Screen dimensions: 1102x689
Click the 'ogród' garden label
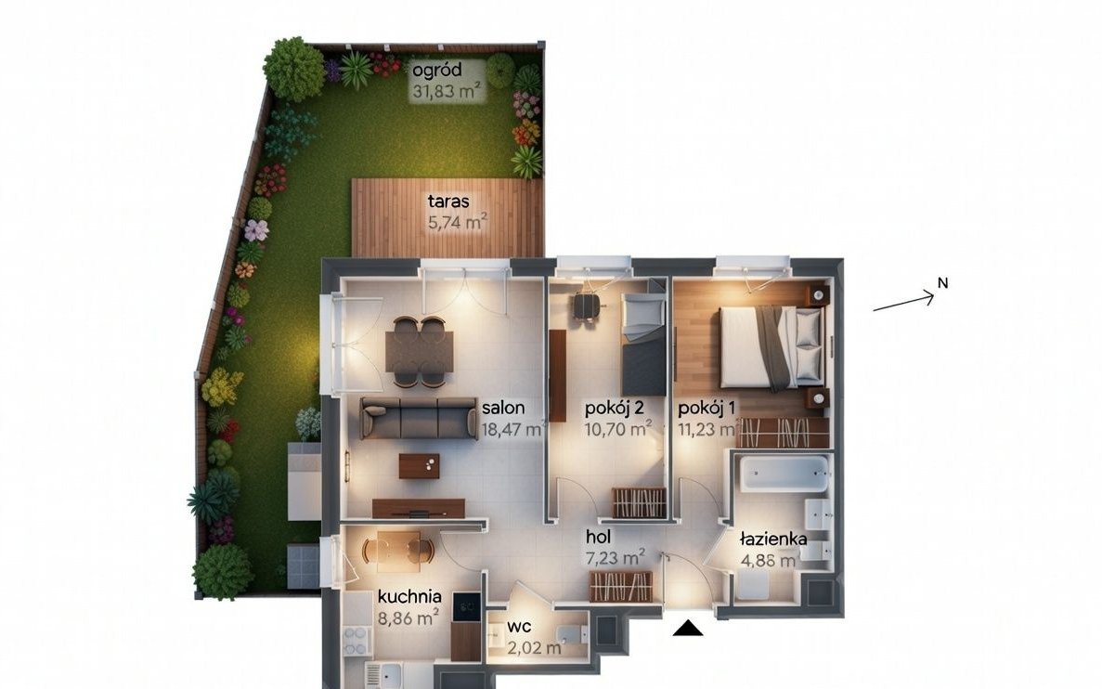click(x=437, y=71)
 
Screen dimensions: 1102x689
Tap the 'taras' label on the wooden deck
click(x=448, y=201)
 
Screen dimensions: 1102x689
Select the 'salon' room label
click(x=503, y=408)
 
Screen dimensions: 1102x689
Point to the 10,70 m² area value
click(x=618, y=428)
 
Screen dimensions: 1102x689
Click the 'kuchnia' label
click(x=409, y=597)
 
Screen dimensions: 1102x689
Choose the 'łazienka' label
click(x=773, y=539)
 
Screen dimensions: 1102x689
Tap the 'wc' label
click(x=519, y=627)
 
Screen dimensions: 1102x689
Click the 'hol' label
click(x=598, y=537)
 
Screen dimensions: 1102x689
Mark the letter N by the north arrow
click(x=943, y=283)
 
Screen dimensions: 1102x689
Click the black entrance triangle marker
click(x=688, y=628)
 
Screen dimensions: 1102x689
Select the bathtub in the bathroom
click(x=784, y=474)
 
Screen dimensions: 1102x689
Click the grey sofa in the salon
click(x=418, y=418)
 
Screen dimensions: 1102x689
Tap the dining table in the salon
click(x=419, y=352)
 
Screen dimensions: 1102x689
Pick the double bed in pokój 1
click(x=771, y=347)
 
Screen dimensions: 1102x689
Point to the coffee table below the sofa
click(x=419, y=465)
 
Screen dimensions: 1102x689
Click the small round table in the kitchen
click(x=398, y=549)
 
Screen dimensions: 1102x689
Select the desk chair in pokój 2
click(x=586, y=306)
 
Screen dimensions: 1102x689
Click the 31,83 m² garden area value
click(x=447, y=91)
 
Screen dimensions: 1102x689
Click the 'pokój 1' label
click(x=707, y=408)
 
